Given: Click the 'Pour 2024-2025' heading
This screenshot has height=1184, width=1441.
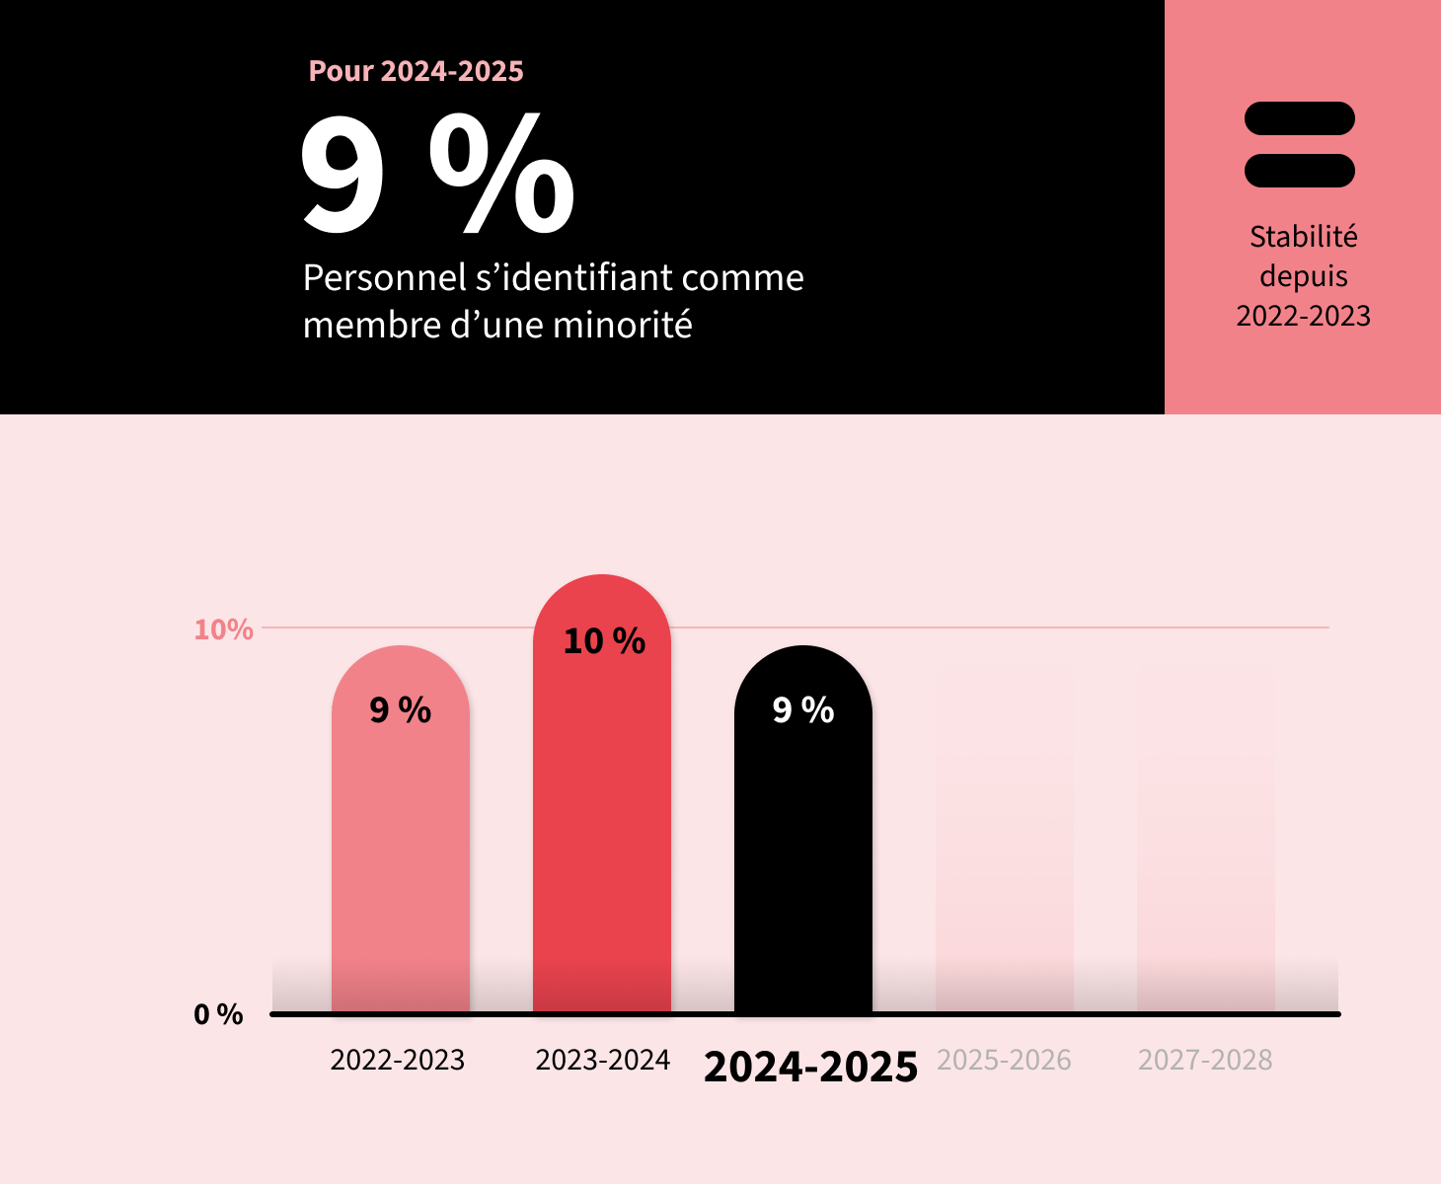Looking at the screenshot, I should [416, 71].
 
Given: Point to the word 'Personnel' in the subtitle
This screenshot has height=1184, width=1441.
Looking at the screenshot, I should [384, 278].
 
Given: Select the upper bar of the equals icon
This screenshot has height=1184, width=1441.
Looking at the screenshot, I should [1299, 118].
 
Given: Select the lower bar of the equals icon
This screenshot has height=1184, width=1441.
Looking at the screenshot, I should [1299, 171].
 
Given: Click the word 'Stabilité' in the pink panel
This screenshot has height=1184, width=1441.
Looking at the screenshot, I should [1303, 237].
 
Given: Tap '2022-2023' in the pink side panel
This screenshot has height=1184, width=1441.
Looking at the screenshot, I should [1303, 316].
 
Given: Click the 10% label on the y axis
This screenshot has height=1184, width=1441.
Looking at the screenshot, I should [223, 629].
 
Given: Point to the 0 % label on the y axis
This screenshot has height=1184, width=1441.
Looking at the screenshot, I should [218, 1014].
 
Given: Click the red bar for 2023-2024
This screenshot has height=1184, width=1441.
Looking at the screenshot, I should [601, 819].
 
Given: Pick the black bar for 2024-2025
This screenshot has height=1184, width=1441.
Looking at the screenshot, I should [802, 858].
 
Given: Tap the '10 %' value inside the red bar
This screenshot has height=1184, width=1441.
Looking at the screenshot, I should [604, 641].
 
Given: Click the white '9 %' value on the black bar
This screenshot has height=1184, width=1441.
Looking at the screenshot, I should [802, 710].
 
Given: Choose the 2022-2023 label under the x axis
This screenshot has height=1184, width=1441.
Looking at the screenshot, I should [397, 1060].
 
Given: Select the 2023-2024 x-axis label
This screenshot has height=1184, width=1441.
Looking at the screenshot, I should [602, 1060].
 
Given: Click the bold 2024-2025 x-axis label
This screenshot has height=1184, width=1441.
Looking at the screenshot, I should [810, 1067].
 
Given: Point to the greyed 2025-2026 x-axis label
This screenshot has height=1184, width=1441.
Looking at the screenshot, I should [1004, 1060].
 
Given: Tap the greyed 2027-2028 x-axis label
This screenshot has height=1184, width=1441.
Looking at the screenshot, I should [1205, 1060].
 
